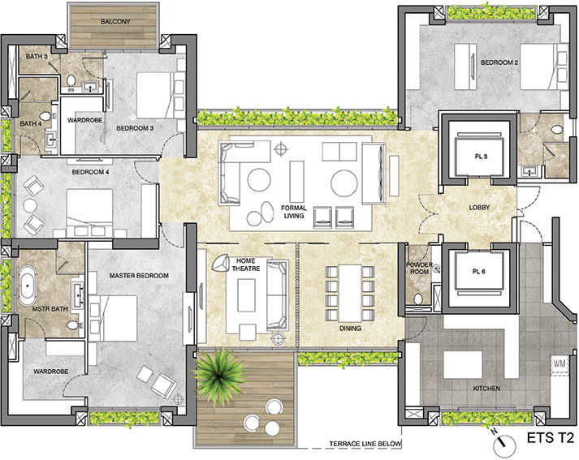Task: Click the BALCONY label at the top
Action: tap(115, 21)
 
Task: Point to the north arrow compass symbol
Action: tap(504, 443)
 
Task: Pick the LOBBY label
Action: tap(480, 208)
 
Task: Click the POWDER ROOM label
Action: tap(420, 269)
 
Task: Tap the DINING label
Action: tap(350, 329)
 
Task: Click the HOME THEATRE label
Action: tap(244, 265)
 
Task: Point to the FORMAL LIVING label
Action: tap(293, 212)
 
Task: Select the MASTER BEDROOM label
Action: tap(138, 276)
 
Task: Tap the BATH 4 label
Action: tap(31, 123)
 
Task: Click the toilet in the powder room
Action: tap(418, 299)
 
